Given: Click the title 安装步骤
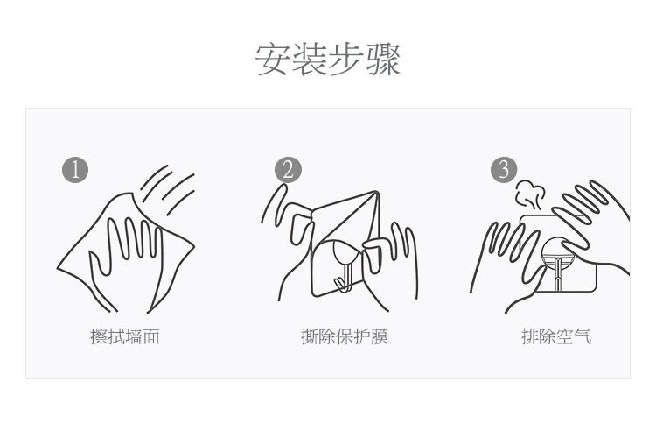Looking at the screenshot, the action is click(x=328, y=60).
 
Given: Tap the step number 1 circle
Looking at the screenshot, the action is click(x=75, y=170).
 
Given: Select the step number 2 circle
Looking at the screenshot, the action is click(x=288, y=170).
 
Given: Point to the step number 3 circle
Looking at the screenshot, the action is click(x=504, y=170).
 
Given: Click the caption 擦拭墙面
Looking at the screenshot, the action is click(x=125, y=336).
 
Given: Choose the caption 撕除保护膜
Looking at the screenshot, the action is click(x=345, y=336).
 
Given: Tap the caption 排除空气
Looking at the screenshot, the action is click(x=556, y=336).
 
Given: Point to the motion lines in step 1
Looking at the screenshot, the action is click(x=167, y=189).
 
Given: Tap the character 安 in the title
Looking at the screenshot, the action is click(x=273, y=60).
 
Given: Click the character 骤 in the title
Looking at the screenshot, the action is click(x=383, y=60).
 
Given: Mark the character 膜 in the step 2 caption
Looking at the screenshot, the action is click(x=380, y=336).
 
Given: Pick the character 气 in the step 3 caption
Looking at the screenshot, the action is click(x=583, y=336).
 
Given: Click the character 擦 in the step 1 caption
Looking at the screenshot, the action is click(x=98, y=336).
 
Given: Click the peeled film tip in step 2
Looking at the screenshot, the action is click(x=376, y=194).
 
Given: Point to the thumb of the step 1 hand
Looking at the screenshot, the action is click(x=99, y=264).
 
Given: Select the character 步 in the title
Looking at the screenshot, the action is click(x=346, y=60).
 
